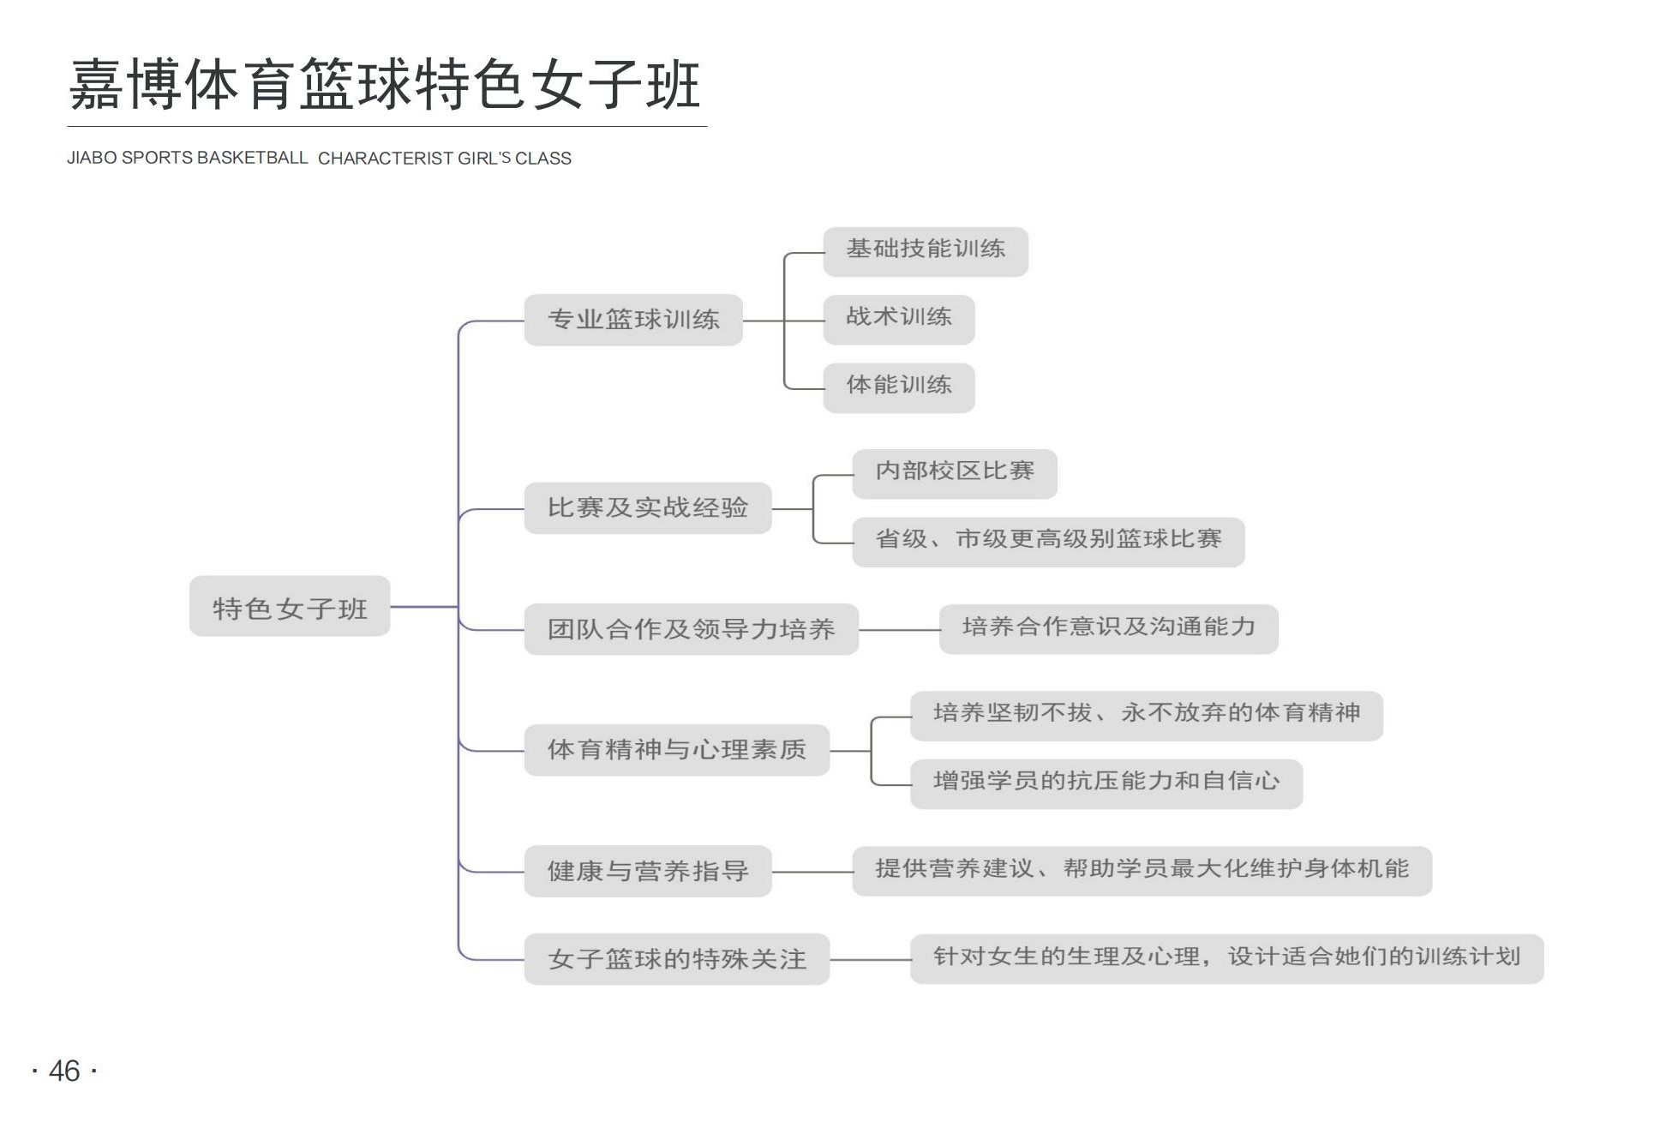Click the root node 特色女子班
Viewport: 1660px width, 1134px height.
click(290, 606)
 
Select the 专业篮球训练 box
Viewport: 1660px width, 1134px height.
click(633, 320)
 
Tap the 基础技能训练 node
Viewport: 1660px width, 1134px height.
click(926, 251)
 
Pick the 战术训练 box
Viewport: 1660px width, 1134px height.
click(899, 320)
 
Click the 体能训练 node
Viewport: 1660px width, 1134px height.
click(899, 387)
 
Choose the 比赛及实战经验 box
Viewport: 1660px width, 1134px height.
click(648, 508)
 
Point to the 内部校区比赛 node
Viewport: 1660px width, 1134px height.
click(955, 473)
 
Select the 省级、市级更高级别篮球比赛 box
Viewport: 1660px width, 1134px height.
click(1048, 542)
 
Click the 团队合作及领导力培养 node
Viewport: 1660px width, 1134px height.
click(692, 629)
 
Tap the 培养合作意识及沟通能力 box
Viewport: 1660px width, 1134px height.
click(1109, 629)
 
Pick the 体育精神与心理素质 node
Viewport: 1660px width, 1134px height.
click(677, 750)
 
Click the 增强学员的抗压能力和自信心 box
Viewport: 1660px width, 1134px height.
click(1106, 783)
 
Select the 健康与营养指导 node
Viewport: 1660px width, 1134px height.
click(648, 871)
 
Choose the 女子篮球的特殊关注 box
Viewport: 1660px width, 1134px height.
click(677, 958)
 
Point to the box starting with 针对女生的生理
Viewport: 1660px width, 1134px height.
click(1227, 958)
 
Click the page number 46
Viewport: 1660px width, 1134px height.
click(64, 1071)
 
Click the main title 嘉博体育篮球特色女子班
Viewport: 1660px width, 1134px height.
click(386, 84)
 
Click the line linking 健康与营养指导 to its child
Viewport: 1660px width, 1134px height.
click(812, 872)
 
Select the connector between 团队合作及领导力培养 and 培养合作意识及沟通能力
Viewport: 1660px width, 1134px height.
click(899, 630)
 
